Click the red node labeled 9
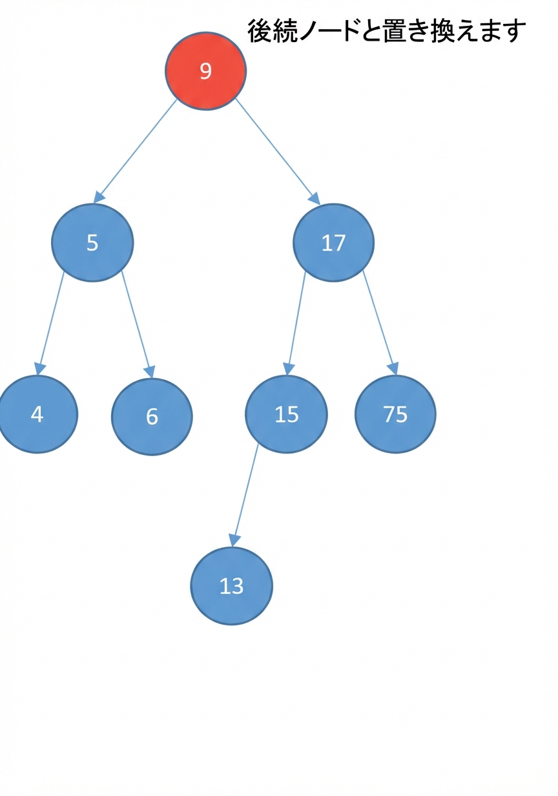click(205, 71)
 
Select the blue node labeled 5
click(92, 243)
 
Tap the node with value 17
click(333, 243)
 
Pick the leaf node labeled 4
click(37, 414)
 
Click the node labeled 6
click(152, 417)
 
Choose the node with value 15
click(286, 414)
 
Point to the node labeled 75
click(395, 414)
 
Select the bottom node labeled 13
click(232, 586)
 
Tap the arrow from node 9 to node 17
click(278, 152)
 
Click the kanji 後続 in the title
click(273, 31)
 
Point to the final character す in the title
click(513, 31)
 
